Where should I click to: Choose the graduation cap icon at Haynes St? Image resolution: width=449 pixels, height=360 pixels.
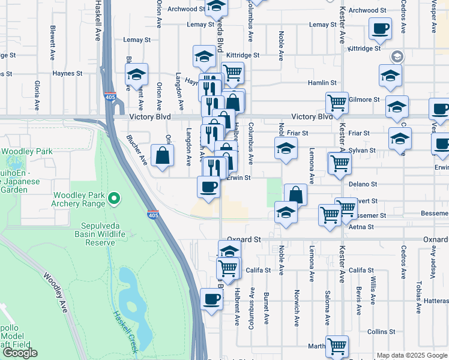136,75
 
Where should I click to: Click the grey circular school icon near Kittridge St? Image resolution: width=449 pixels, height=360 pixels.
397,57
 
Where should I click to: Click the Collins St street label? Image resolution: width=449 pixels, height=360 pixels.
381,331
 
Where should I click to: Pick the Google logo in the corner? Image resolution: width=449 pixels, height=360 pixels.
20,353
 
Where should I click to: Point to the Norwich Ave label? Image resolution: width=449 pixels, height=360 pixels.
297,308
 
